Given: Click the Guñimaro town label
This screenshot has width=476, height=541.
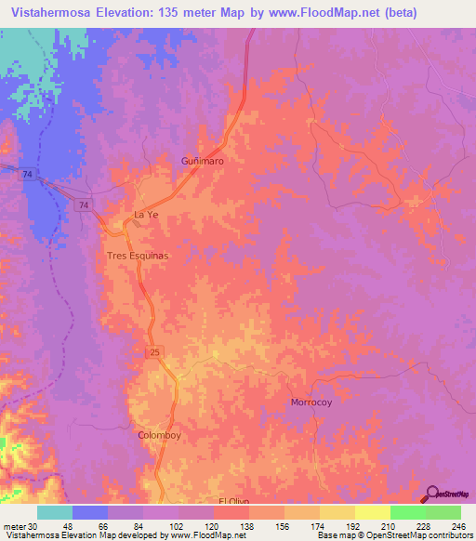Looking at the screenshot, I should click(x=202, y=161).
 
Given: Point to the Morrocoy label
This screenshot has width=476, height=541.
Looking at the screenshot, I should click(x=311, y=402).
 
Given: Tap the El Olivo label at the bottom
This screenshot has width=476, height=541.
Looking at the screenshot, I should click(x=236, y=501).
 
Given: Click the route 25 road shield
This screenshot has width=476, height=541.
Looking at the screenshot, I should click(x=152, y=350).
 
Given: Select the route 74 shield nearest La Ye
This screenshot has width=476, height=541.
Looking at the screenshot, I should click(x=86, y=205).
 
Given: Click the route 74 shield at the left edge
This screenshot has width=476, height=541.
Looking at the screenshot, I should click(x=29, y=175).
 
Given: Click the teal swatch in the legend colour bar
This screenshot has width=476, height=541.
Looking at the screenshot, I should click(x=55, y=512).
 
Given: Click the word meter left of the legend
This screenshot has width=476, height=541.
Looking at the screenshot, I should click(x=13, y=526).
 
